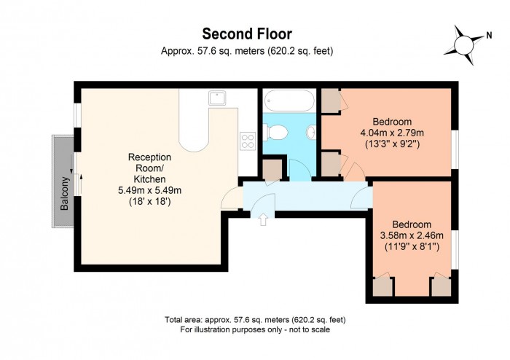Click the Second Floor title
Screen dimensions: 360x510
(x=247, y=34)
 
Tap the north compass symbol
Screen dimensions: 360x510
(x=463, y=42)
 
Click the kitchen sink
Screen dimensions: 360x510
(x=216, y=97)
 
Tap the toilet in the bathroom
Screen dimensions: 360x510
(x=275, y=132)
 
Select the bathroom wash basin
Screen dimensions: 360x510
(x=311, y=133)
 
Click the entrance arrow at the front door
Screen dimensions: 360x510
(x=263, y=218)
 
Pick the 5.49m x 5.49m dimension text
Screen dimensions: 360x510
(x=149, y=190)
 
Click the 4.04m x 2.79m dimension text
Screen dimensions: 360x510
(x=393, y=133)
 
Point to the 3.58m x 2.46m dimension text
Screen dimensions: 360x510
(x=412, y=235)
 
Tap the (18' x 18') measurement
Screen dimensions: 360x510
(x=149, y=201)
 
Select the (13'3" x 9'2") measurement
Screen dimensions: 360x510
(x=393, y=144)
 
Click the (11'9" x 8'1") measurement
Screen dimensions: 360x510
(x=412, y=246)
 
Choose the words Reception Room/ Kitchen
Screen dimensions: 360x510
(x=149, y=168)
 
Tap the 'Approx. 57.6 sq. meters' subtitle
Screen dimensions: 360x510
(x=247, y=50)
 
